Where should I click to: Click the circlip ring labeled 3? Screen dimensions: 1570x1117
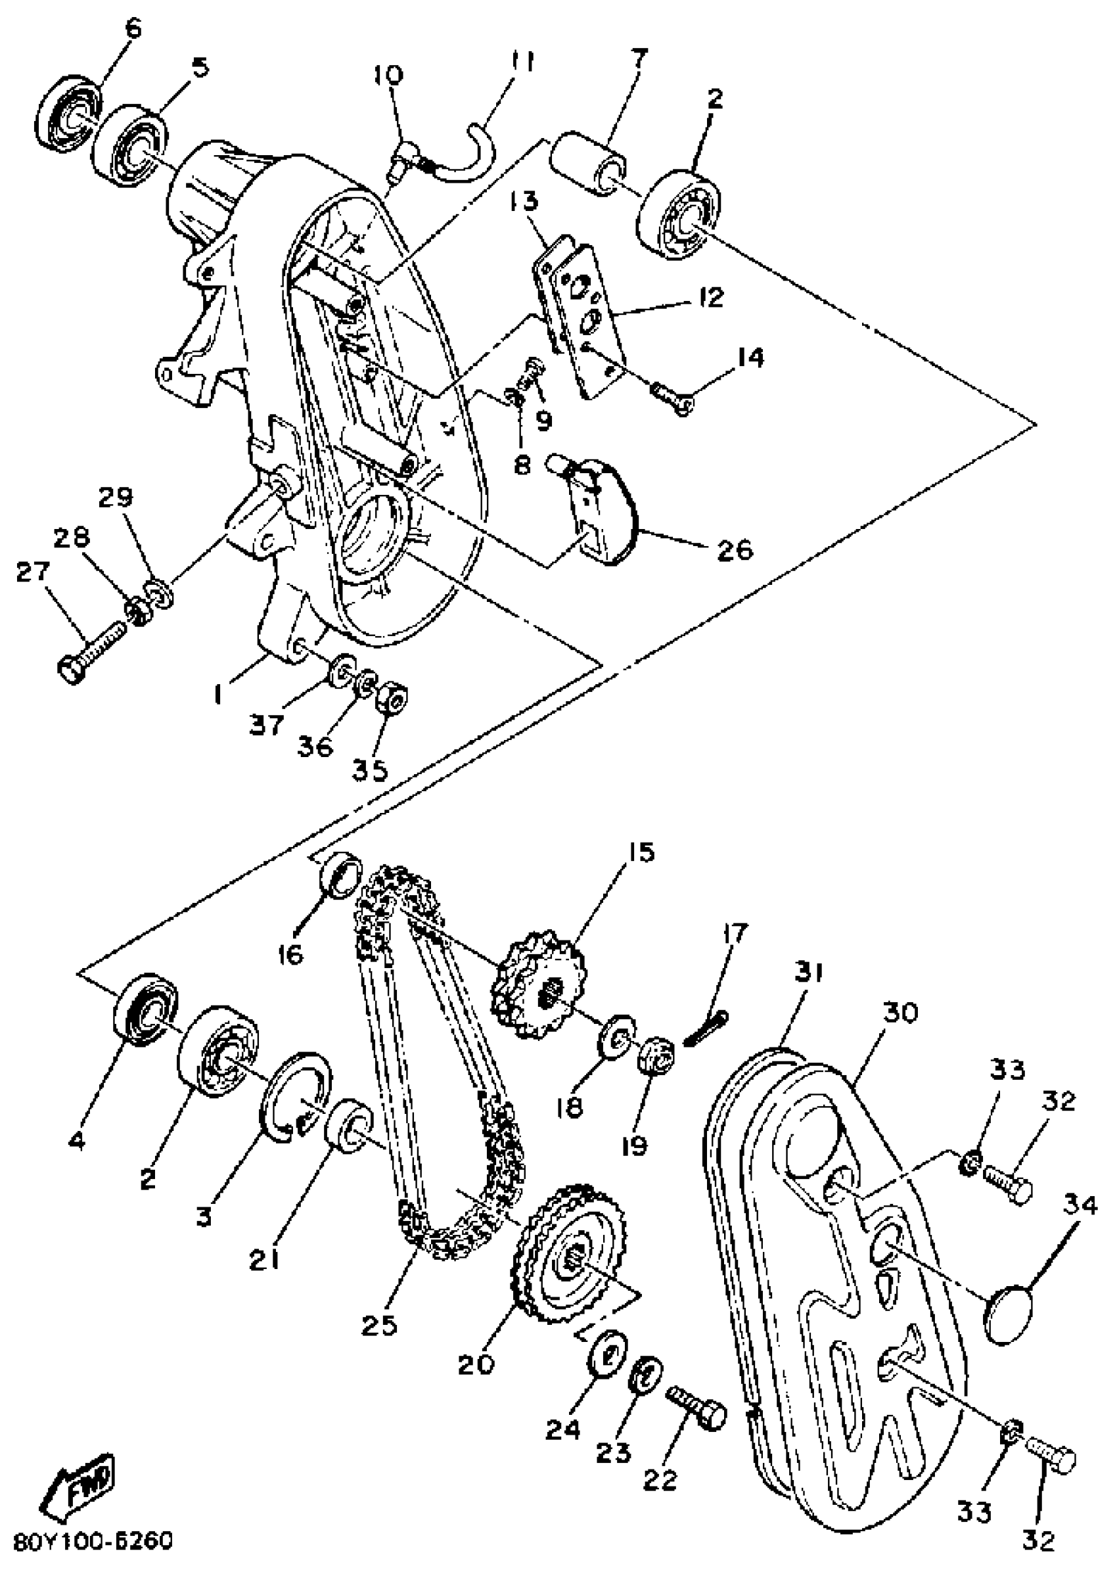pos(296,1097)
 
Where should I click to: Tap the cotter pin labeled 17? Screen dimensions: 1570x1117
pos(706,1025)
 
